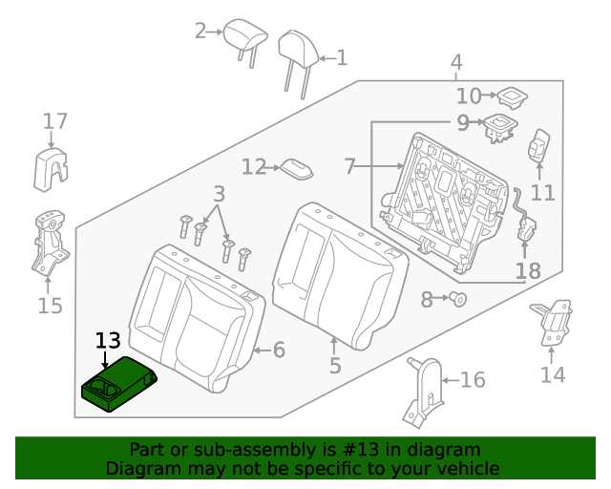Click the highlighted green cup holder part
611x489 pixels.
point(119,386)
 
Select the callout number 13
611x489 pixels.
point(108,341)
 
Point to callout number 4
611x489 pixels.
point(456,63)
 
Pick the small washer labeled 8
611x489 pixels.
point(458,300)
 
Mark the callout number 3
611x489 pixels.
point(219,193)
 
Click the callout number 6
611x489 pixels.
point(279,351)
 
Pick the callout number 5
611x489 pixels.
point(334,365)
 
